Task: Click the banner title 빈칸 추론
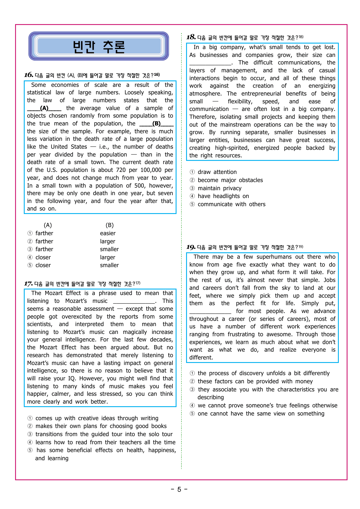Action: click(99, 47)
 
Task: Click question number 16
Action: click(28, 75)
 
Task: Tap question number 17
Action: click(28, 284)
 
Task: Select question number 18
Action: click(191, 37)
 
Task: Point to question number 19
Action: click(191, 247)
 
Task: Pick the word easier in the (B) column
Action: click(108, 233)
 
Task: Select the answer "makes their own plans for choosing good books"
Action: click(101, 426)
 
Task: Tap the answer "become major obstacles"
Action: click(230, 180)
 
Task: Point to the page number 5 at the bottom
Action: click(179, 490)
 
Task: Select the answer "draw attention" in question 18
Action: click(217, 172)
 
